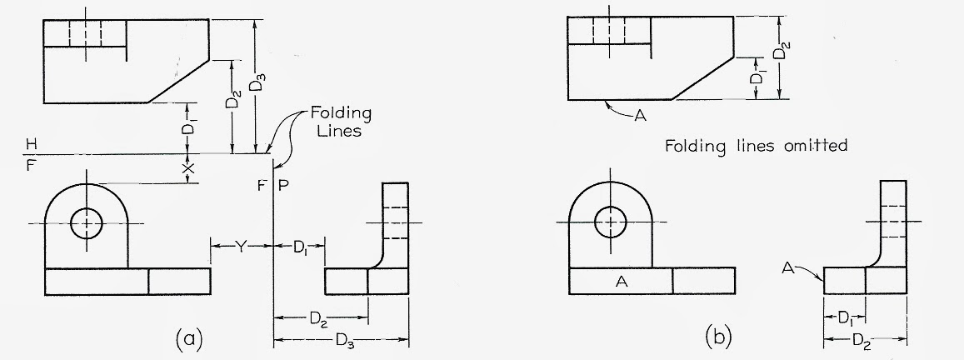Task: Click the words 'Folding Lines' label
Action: point(341,122)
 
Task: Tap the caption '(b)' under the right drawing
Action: point(718,337)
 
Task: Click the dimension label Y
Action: point(242,245)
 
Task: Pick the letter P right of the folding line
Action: point(283,185)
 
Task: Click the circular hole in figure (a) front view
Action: point(86,223)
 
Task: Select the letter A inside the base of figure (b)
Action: point(620,282)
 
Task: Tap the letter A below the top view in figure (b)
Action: point(640,116)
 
